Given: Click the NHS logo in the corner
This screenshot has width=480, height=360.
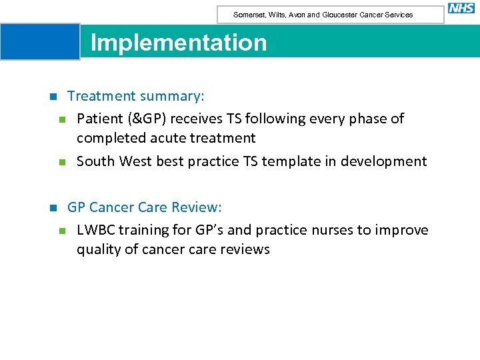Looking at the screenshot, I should pyautogui.click(x=461, y=8).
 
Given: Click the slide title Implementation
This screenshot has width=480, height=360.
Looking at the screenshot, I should pyautogui.click(x=178, y=43).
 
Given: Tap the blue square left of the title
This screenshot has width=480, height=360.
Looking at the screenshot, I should pyautogui.click(x=40, y=41).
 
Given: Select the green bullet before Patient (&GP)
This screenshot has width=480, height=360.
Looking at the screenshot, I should pyautogui.click(x=62, y=119).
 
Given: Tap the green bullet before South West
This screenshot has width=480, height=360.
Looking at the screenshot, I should pyautogui.click(x=62, y=162).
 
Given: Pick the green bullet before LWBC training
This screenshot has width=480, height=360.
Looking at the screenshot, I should pyautogui.click(x=62, y=231).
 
